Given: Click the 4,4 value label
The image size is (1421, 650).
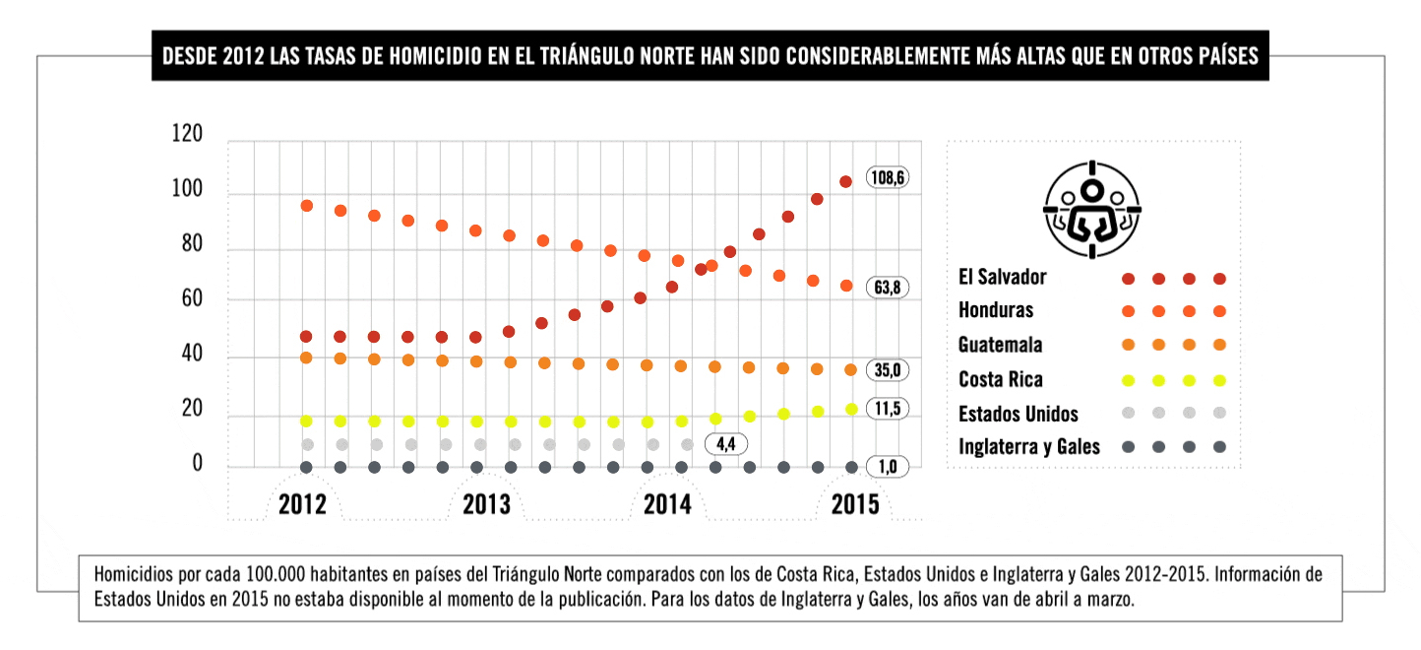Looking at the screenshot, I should pos(726,444).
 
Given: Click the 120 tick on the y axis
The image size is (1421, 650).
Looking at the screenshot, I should pos(186,134).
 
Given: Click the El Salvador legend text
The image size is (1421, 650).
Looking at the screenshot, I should pos(1002,278).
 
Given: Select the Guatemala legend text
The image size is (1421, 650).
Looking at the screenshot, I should pos(1000,345).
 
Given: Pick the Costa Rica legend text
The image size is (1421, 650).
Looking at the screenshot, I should pos(1000,379).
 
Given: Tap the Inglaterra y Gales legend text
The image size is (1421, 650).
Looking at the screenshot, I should pos(1029,447).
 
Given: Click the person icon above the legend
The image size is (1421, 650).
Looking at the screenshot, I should pos(1091,209).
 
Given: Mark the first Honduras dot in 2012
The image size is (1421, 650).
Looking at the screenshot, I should pos(306,206).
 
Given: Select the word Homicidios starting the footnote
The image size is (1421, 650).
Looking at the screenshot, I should pos(135,573).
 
